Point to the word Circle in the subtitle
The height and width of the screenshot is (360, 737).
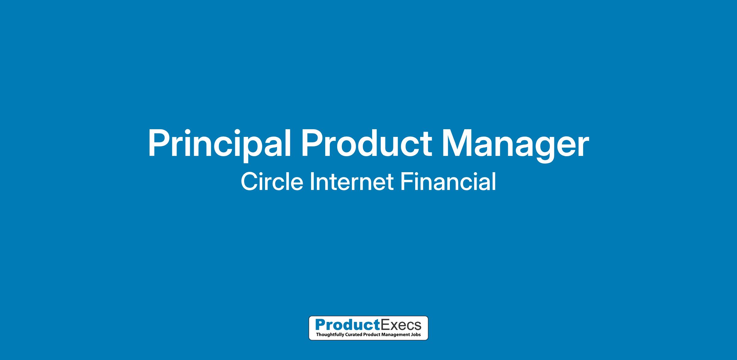click(272, 182)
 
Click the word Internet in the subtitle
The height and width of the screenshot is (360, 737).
click(352, 182)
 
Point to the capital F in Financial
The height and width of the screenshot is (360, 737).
click(407, 182)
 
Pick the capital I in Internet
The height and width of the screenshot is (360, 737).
click(312, 182)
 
